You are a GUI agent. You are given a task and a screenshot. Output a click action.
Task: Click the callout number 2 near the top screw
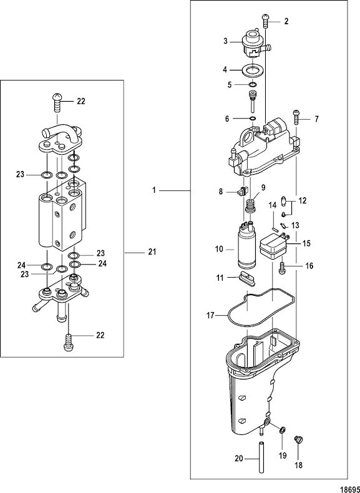[286, 22]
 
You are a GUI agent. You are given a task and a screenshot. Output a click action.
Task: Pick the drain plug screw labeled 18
[298, 439]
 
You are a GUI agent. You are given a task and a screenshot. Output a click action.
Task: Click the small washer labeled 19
[282, 430]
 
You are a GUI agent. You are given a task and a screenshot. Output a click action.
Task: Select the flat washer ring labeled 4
[253, 70]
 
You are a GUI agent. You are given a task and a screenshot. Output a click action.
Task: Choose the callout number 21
[152, 252]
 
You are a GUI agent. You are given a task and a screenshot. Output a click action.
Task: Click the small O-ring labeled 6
[251, 117]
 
